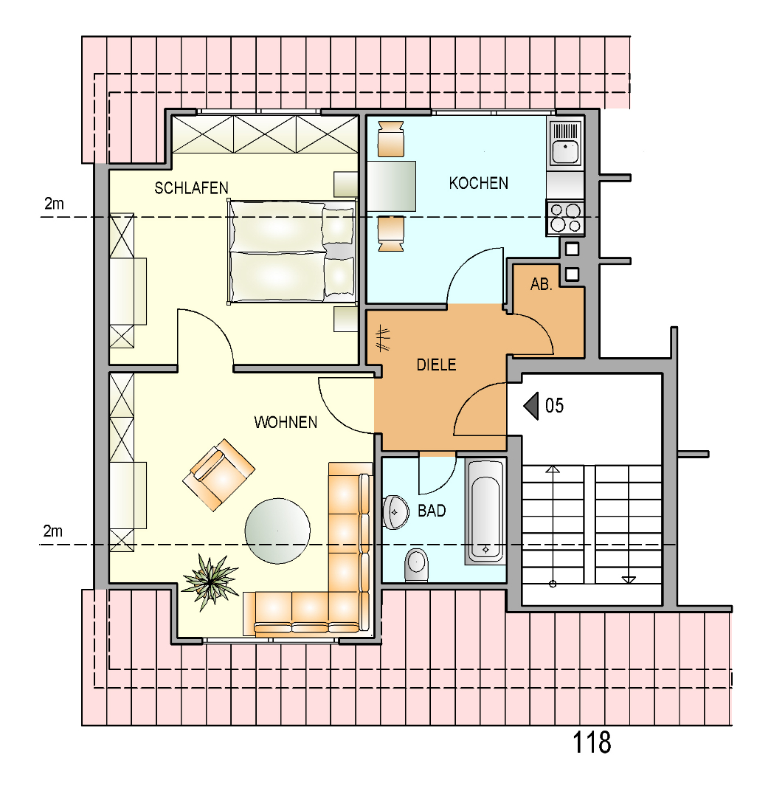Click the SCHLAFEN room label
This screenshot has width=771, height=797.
click(191, 188)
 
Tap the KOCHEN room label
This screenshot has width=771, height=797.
click(478, 183)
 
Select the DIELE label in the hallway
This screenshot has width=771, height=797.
click(436, 365)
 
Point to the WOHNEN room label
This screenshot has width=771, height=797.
click(286, 422)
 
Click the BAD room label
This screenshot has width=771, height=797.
click(432, 511)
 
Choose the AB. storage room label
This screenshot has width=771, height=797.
click(541, 284)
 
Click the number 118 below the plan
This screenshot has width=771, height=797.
click(592, 742)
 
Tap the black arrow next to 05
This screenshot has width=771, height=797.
click(531, 406)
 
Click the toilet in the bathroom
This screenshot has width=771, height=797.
click(417, 565)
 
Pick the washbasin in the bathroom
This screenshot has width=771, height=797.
click(395, 512)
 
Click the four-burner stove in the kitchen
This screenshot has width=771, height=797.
click(565, 218)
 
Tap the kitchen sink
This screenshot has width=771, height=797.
click(565, 143)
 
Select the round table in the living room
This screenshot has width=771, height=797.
click(277, 531)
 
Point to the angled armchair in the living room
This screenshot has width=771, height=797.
click(218, 475)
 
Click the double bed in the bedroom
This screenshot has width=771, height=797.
click(291, 252)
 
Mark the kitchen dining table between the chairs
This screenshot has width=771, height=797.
click(391, 186)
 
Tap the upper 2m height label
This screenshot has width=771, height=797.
click(54, 204)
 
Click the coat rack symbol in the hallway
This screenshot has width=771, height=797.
click(383, 339)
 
